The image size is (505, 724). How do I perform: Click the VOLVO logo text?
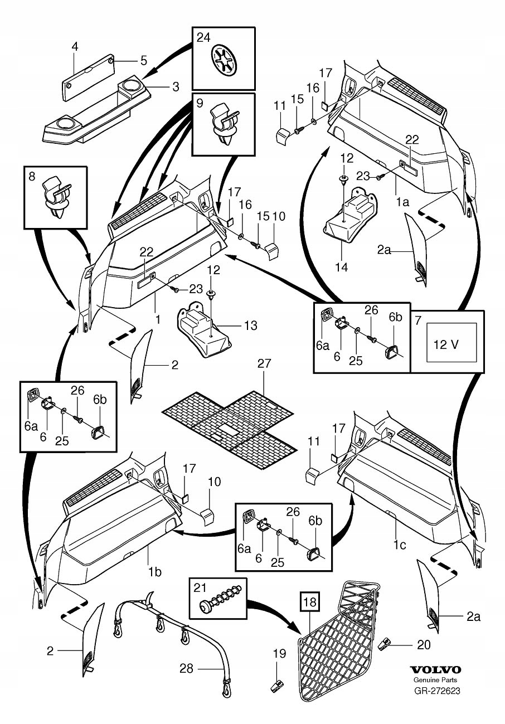436,670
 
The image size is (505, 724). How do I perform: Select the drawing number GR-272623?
436,691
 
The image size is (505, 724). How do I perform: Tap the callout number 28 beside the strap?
186,668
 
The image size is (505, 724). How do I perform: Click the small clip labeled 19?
275,686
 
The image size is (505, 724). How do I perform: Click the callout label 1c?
399,545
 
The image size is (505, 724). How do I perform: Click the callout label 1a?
402,203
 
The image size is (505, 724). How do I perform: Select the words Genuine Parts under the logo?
436,681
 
